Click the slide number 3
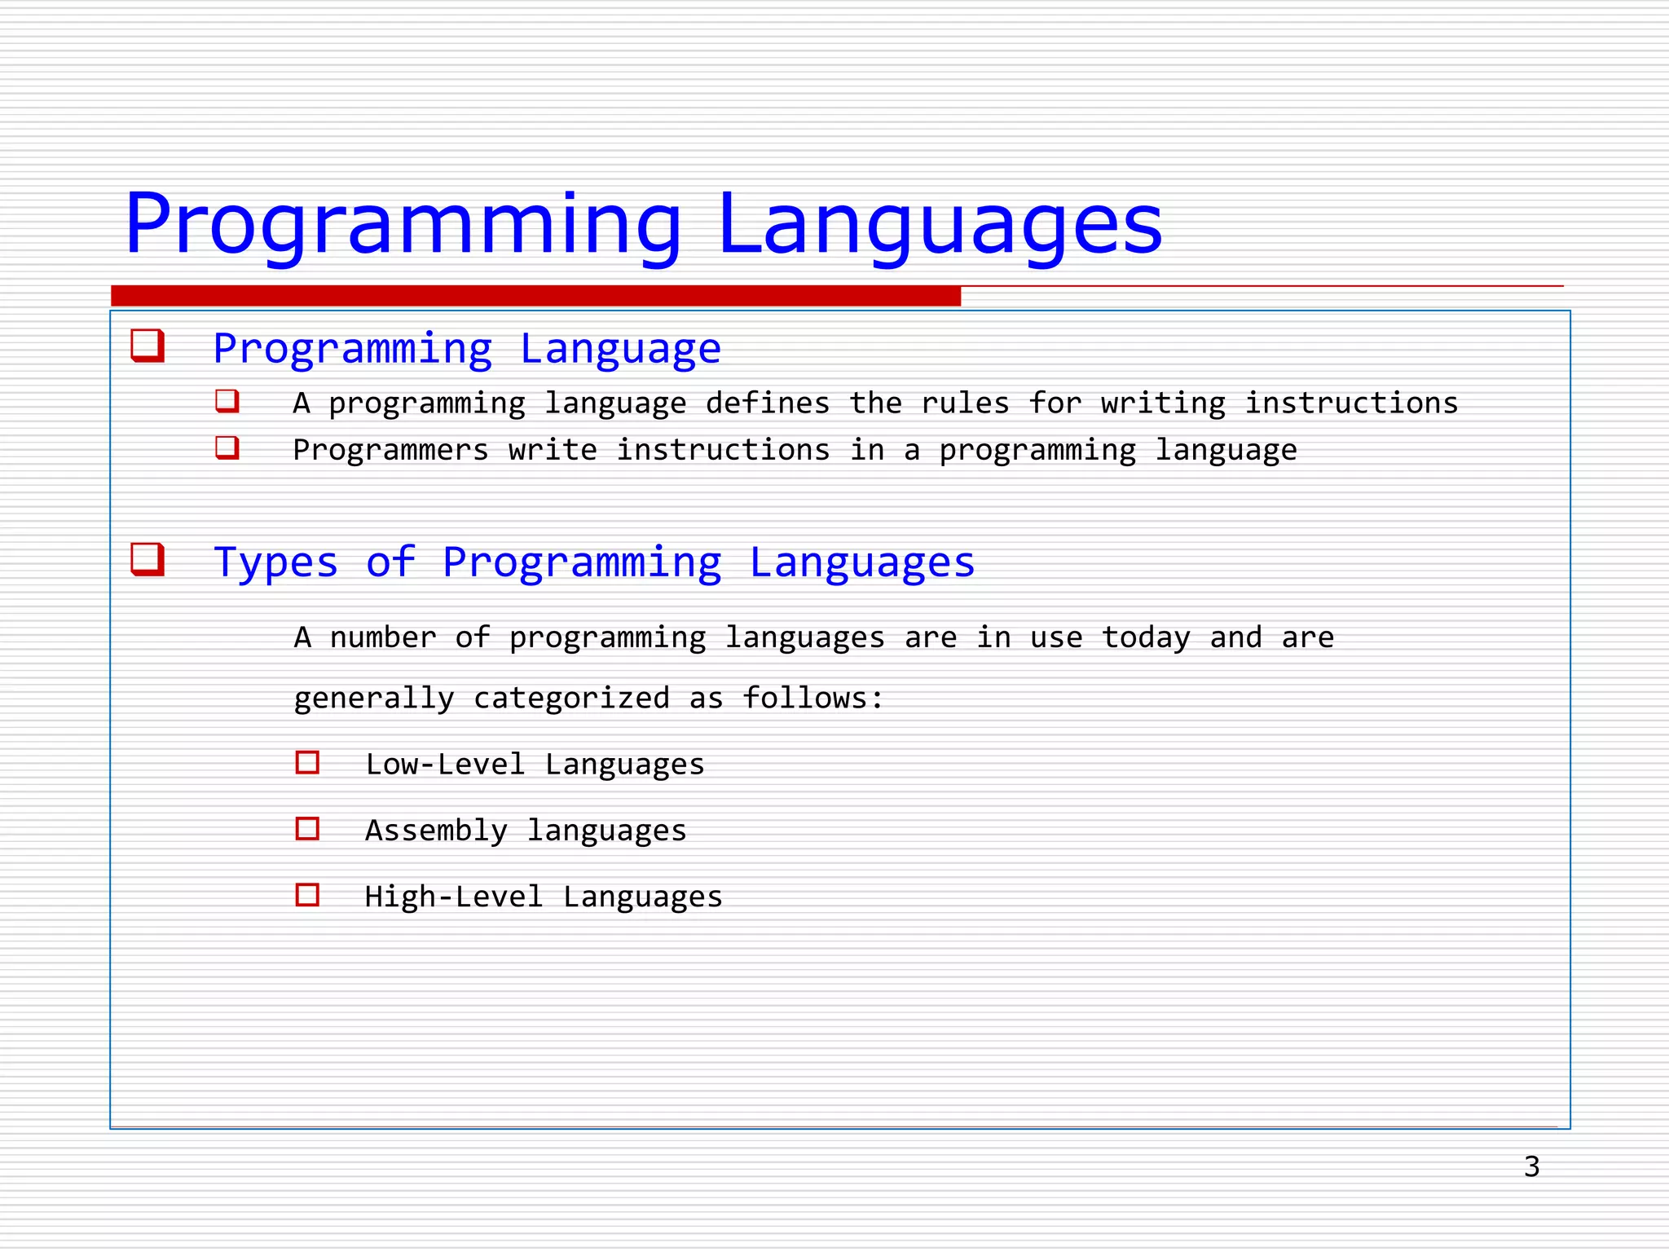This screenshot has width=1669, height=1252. pos(1531,1166)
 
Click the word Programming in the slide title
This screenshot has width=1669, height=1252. pos(403,225)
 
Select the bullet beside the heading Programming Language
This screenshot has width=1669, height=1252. pos(148,346)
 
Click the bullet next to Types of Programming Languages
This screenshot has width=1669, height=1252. pos(148,560)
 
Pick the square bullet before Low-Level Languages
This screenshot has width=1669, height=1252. pos(307,763)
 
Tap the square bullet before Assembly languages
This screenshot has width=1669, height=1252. pos(307,829)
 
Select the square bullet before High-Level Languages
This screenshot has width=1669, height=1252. pos(307,895)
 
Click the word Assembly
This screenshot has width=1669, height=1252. pos(436,831)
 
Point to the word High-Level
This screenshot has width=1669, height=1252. pos(453,897)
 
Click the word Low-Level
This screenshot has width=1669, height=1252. pos(445,765)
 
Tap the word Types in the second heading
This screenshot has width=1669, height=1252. pos(275,562)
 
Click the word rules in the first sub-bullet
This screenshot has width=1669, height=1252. pos(965,403)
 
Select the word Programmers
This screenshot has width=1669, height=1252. pos(390,450)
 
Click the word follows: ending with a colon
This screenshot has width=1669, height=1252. pos(812,699)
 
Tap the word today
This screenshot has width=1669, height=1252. pos(1146,637)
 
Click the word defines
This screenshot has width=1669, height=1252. pos(767,403)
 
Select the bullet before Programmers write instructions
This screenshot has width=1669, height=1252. pos(227,447)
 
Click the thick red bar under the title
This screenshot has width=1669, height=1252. pos(535,296)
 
